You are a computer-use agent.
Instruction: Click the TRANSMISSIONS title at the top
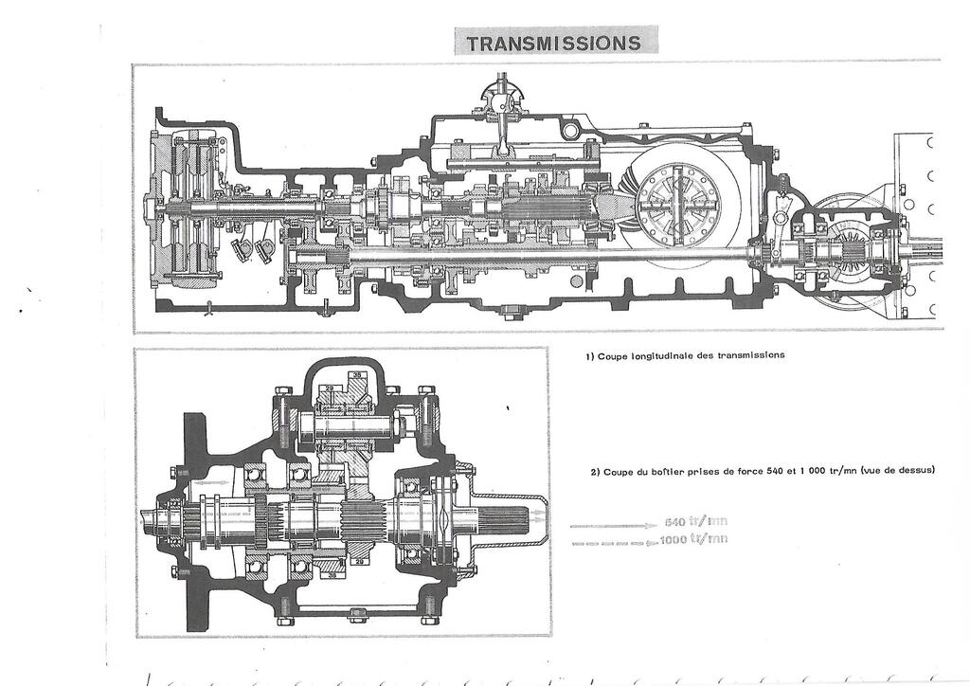(x=554, y=43)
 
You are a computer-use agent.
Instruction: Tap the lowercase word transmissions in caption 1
(x=752, y=356)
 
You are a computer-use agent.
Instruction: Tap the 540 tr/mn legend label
(x=696, y=522)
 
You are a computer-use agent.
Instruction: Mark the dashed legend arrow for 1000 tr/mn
(x=611, y=541)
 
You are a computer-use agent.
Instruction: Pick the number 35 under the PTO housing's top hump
(x=357, y=376)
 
